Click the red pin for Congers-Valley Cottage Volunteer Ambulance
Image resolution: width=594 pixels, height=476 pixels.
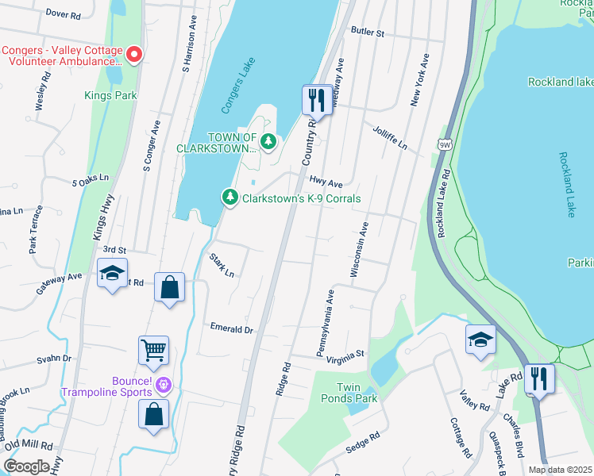[134, 55]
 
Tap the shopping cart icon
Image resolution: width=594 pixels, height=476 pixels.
[153, 349]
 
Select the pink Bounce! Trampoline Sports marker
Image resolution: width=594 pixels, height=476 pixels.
[164, 386]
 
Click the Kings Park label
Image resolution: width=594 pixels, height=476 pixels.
[110, 96]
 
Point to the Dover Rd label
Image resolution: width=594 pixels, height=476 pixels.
[64, 14]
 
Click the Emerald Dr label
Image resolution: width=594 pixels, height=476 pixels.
[231, 328]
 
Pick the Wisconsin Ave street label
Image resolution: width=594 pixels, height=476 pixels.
[359, 249]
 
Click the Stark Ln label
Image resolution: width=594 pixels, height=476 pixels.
[222, 264]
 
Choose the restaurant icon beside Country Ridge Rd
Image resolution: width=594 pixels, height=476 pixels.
[317, 100]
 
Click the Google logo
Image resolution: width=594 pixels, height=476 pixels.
[26, 466]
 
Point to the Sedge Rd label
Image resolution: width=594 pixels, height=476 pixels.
[363, 440]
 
